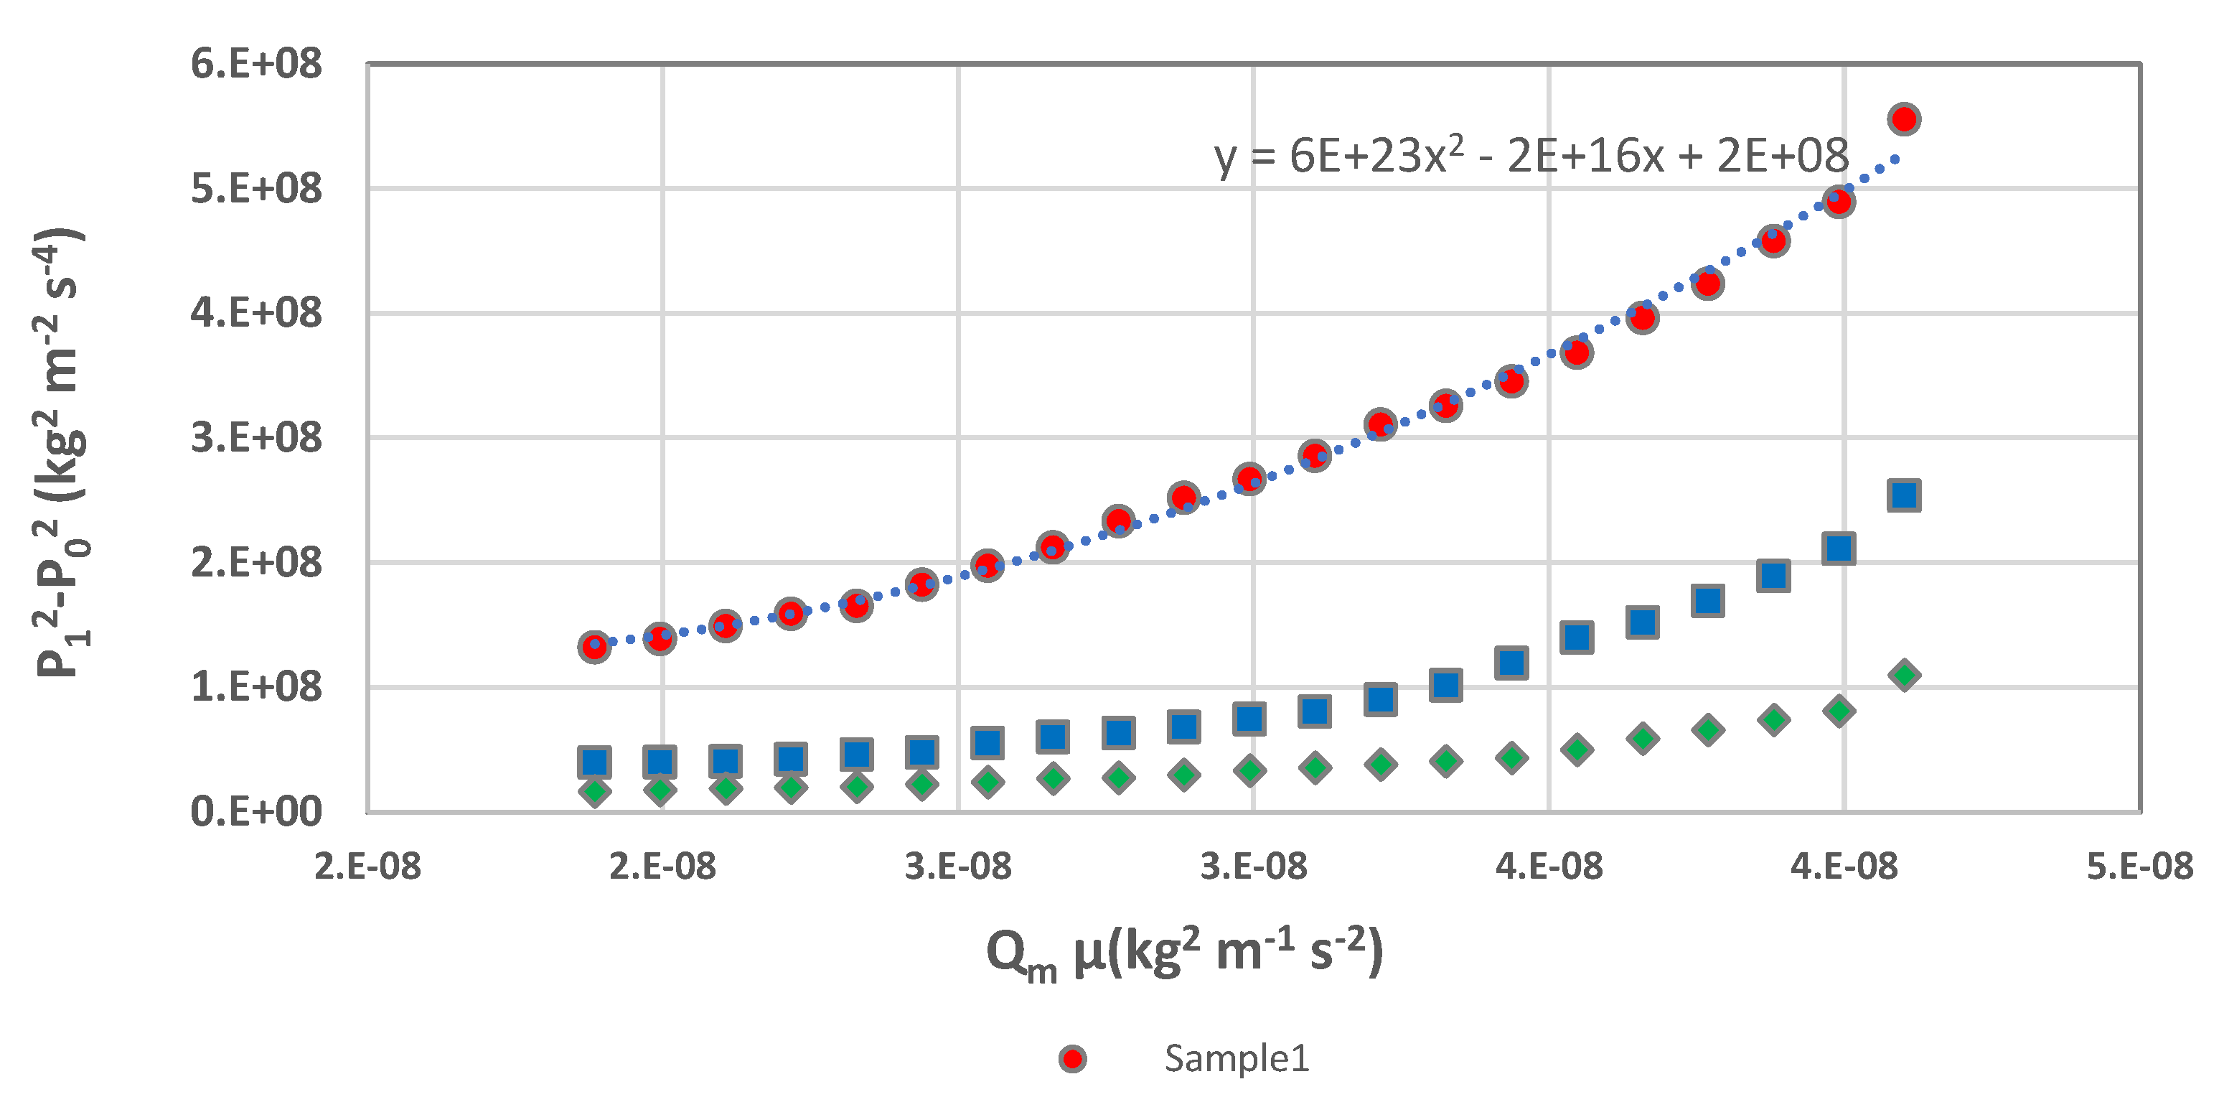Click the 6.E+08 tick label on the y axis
coord(255,65)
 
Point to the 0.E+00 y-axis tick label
coord(255,812)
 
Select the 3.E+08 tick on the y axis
coord(255,439)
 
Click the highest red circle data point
coord(1904,119)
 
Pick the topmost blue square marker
coord(1904,495)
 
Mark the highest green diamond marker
coord(1905,675)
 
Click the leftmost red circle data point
coord(594,646)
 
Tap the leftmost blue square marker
coord(594,762)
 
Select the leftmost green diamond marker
coord(594,791)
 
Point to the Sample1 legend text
coord(1236,1058)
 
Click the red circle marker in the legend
coord(1072,1059)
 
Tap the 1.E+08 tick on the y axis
coord(255,688)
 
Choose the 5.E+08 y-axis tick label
coord(255,190)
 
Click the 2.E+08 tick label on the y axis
coord(255,563)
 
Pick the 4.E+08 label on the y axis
coord(255,314)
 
